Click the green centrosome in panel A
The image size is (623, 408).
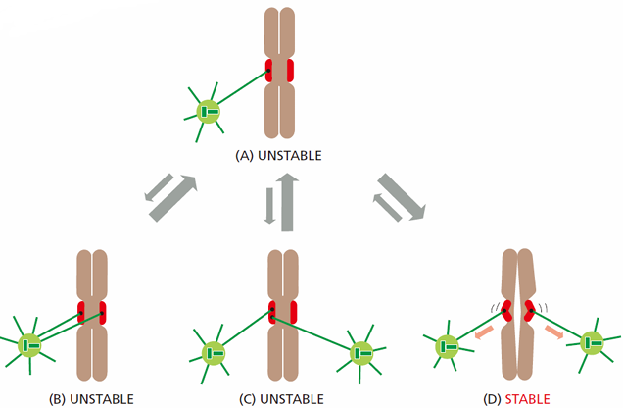[x=209, y=112]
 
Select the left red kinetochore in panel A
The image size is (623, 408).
[x=269, y=71]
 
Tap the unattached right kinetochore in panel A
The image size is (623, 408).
[x=290, y=71]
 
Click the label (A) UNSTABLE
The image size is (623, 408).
[x=278, y=156]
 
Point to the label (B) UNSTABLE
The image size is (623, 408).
[x=91, y=399]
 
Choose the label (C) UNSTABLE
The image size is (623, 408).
[x=281, y=399]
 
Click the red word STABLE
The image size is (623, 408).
[x=527, y=399]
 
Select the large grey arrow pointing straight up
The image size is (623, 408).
[x=287, y=202]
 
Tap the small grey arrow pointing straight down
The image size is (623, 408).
[x=269, y=206]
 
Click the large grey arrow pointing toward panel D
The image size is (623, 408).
[x=402, y=196]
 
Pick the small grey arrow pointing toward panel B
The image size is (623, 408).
[x=159, y=187]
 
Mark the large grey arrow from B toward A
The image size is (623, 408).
[x=173, y=198]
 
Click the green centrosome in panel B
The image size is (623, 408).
[x=29, y=345]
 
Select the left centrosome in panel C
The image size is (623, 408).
[x=214, y=353]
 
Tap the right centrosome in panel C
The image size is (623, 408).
[x=361, y=353]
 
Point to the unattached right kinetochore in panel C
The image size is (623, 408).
[x=293, y=312]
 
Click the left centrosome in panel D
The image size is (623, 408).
[x=447, y=347]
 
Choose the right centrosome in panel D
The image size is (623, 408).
[x=592, y=343]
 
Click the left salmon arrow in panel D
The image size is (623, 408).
[x=484, y=332]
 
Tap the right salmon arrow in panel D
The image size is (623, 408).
[x=553, y=332]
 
